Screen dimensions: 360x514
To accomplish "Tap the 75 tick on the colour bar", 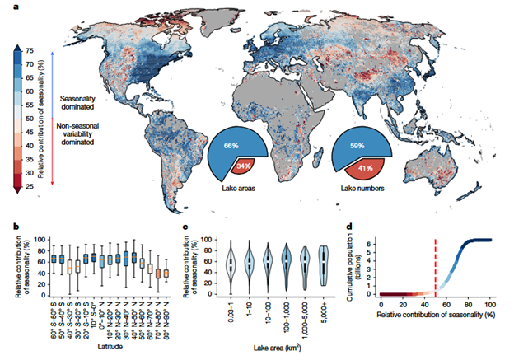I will click(30, 51).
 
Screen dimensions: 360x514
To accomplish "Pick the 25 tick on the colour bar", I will click(30, 186).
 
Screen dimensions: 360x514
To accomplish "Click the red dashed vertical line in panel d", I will click(435, 264).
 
